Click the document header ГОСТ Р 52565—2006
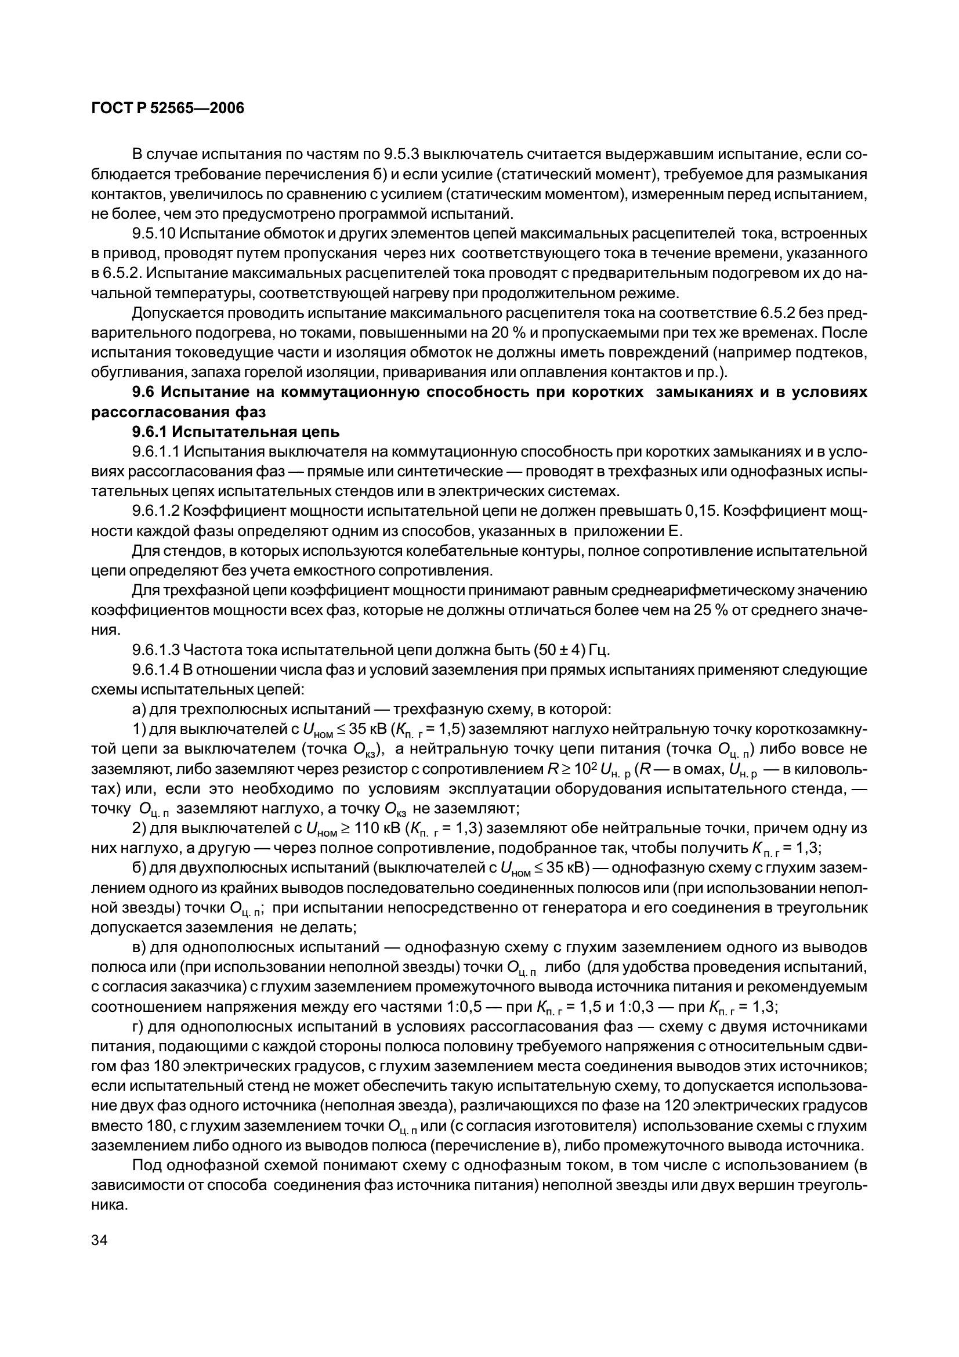tap(168, 108)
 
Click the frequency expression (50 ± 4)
tap(559, 650)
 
